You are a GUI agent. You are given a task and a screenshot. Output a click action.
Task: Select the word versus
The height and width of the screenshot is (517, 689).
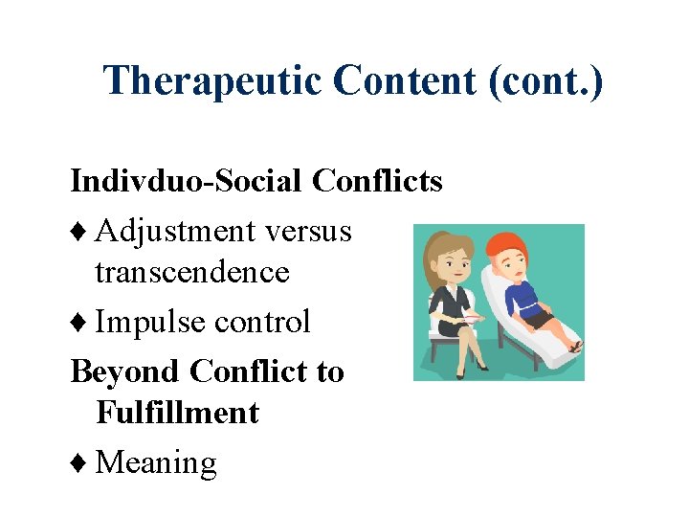pyautogui.click(x=309, y=231)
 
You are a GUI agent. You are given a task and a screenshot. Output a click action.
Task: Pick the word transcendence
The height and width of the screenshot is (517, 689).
pyautogui.click(x=192, y=272)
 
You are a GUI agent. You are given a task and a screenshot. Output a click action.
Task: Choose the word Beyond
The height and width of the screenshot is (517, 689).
pyautogui.click(x=125, y=371)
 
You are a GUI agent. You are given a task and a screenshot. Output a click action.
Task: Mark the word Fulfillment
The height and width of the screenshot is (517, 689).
pyautogui.click(x=178, y=413)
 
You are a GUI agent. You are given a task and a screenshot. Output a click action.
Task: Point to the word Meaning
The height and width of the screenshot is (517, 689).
pyautogui.click(x=157, y=463)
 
